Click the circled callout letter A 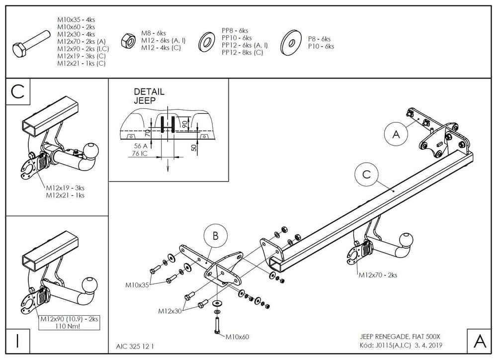tap(396, 134)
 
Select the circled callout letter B tap(215, 235)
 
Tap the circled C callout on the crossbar tap(366, 175)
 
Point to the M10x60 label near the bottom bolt tap(237, 337)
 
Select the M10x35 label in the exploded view tap(137, 285)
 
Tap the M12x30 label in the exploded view tap(170, 311)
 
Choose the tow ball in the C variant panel tap(91, 149)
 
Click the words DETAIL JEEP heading tap(149, 96)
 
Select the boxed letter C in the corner tap(17, 92)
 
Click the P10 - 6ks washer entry tap(321, 46)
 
